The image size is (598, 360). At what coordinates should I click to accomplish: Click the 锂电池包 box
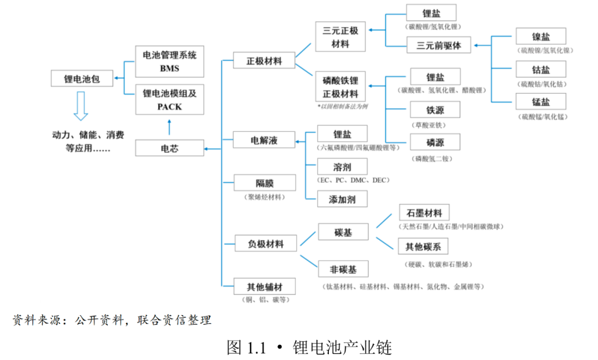82,79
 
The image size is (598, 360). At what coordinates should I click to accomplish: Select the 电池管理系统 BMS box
170,61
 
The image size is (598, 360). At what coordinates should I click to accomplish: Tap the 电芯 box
170,148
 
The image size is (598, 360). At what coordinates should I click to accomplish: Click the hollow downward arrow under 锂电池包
81,106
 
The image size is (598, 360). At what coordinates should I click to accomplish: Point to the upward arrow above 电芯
169,127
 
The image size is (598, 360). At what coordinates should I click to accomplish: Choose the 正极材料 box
264,60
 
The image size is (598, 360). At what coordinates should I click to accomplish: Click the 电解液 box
264,140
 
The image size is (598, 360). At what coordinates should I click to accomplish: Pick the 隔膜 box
265,183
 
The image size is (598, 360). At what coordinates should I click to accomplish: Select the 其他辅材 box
265,286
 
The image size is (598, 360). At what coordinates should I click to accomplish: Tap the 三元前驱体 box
439,45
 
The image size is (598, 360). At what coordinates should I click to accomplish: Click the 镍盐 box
541,36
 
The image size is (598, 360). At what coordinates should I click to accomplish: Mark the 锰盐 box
541,101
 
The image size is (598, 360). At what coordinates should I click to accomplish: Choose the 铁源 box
435,110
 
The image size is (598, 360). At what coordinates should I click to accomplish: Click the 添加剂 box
343,199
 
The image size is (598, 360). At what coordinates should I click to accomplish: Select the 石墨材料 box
424,212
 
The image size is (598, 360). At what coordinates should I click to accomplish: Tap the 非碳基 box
343,269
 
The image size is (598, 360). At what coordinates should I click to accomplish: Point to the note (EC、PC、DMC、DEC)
353,180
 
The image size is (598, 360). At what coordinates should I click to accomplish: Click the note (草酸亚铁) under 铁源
428,125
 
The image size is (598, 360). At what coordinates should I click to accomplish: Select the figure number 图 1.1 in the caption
246,347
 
